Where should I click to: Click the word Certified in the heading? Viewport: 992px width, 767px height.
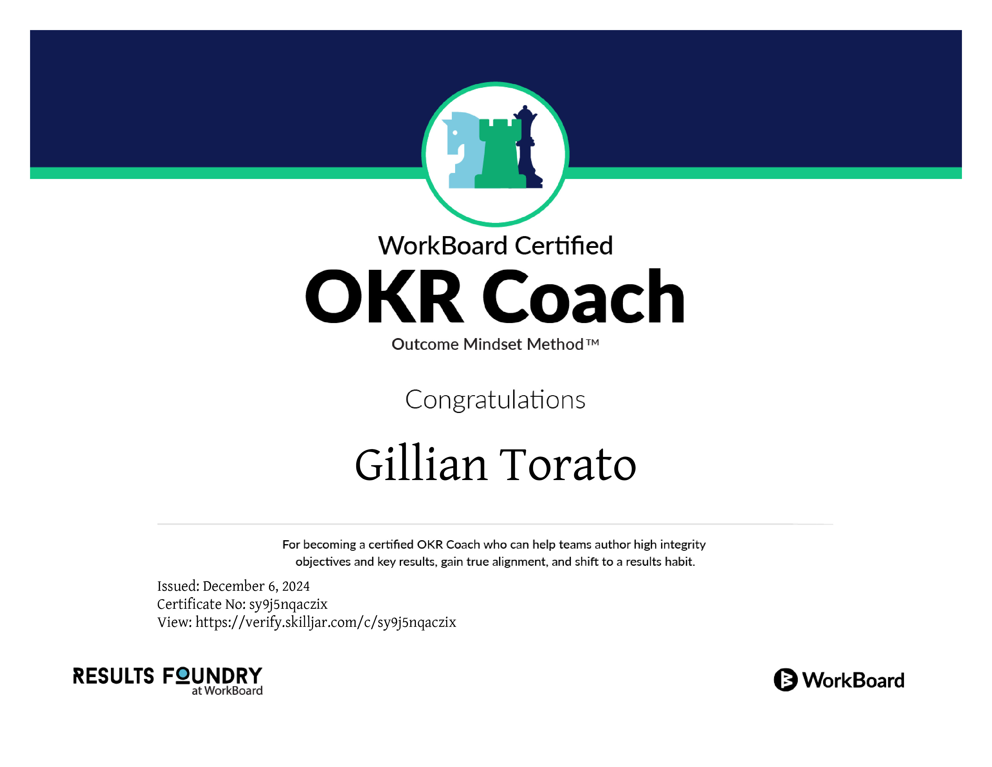(x=564, y=246)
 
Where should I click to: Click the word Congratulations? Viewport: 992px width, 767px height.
(x=495, y=400)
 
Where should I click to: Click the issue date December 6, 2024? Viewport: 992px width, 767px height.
(x=256, y=586)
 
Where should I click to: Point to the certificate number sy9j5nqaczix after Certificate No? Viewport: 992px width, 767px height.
(x=288, y=604)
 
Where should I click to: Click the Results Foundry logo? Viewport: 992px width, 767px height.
(x=168, y=681)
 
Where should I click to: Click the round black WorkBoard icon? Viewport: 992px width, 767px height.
(x=785, y=680)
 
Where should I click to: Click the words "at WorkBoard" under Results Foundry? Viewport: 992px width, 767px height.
(x=227, y=691)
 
